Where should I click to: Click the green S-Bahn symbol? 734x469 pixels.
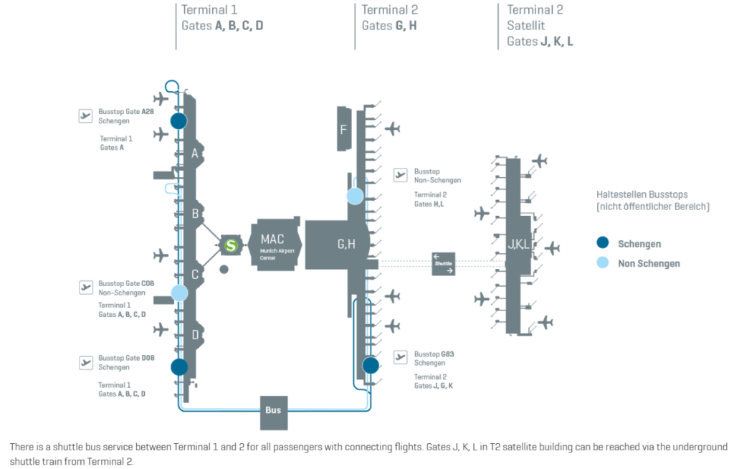pos(231,245)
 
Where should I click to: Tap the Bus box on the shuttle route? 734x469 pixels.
pos(273,410)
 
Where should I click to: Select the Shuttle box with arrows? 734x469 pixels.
pos(444,263)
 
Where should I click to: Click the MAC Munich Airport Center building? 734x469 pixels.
pos(277,245)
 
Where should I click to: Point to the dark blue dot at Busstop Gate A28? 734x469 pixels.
pos(178,120)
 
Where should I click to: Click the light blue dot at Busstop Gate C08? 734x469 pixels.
pos(179,293)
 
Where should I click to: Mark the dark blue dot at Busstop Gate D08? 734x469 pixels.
pos(179,367)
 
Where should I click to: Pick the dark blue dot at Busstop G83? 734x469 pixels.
pos(371,366)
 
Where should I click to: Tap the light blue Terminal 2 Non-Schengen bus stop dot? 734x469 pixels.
pos(356,196)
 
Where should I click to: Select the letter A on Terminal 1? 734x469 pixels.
pos(195,153)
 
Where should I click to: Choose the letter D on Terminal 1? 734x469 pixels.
pos(195,334)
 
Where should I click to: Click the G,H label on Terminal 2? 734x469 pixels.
pos(346,245)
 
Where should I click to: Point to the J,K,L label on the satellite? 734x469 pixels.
pos(518,245)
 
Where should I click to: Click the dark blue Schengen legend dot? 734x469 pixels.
pos(603,243)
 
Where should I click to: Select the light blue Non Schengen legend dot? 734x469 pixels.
pos(603,263)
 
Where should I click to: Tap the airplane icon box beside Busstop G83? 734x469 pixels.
pos(401,357)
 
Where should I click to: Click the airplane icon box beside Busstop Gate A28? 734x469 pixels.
pos(86,115)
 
